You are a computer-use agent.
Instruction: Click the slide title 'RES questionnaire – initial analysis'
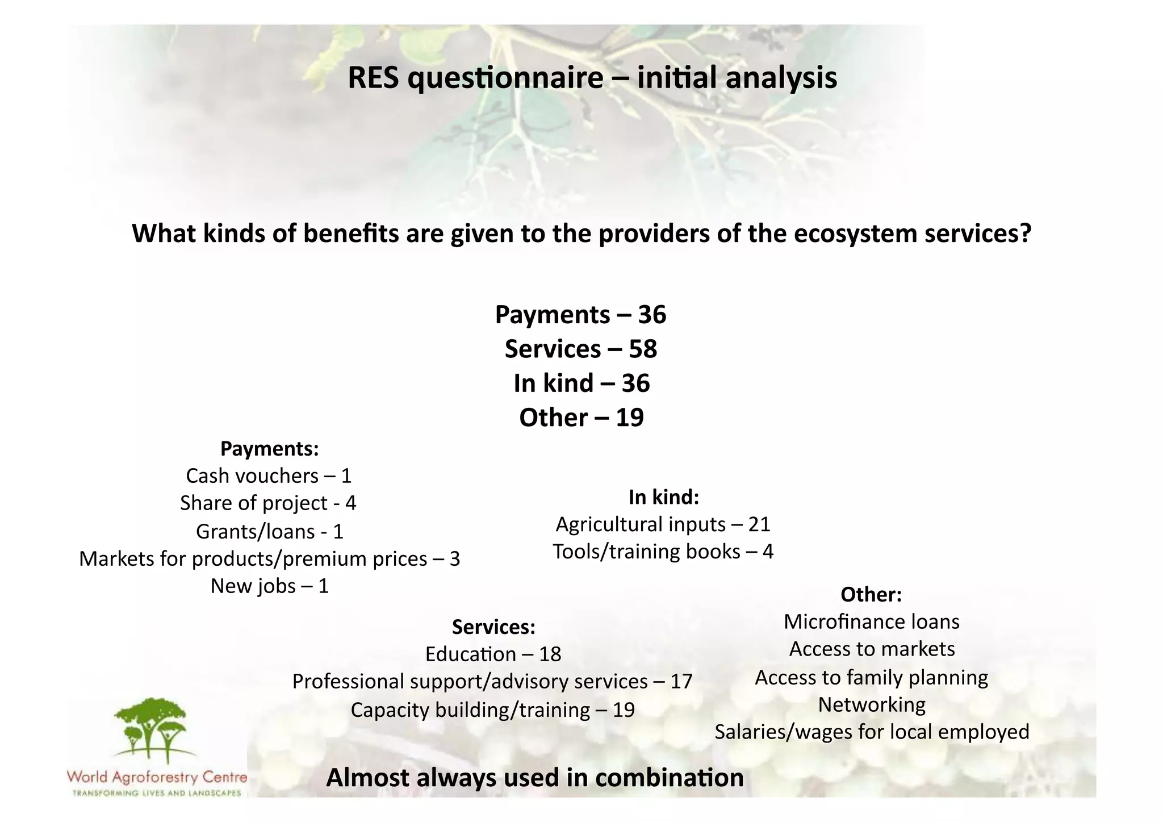point(592,78)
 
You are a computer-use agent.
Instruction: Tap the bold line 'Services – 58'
point(581,349)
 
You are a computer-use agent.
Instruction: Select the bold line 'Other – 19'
point(581,418)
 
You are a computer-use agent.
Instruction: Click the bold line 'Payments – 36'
point(580,315)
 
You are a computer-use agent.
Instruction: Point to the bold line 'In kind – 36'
point(581,383)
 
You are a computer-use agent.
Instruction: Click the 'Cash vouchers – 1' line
point(269,476)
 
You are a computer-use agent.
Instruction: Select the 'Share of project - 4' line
point(268,503)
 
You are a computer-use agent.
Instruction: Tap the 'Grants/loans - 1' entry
point(270,532)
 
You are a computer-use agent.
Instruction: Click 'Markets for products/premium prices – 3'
point(269,559)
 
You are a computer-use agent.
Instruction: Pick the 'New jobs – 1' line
point(270,586)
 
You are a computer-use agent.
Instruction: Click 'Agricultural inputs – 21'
point(663,524)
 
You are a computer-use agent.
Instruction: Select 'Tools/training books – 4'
point(663,552)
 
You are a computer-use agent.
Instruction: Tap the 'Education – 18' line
point(493,654)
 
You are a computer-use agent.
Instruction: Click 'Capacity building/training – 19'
point(492,710)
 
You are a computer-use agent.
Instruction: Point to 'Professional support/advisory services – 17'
point(492,682)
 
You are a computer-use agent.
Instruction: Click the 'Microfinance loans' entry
point(871,622)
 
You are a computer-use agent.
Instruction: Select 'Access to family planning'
point(871,678)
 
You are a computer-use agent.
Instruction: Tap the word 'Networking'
point(871,705)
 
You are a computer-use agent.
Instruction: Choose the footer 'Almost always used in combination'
point(534,778)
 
